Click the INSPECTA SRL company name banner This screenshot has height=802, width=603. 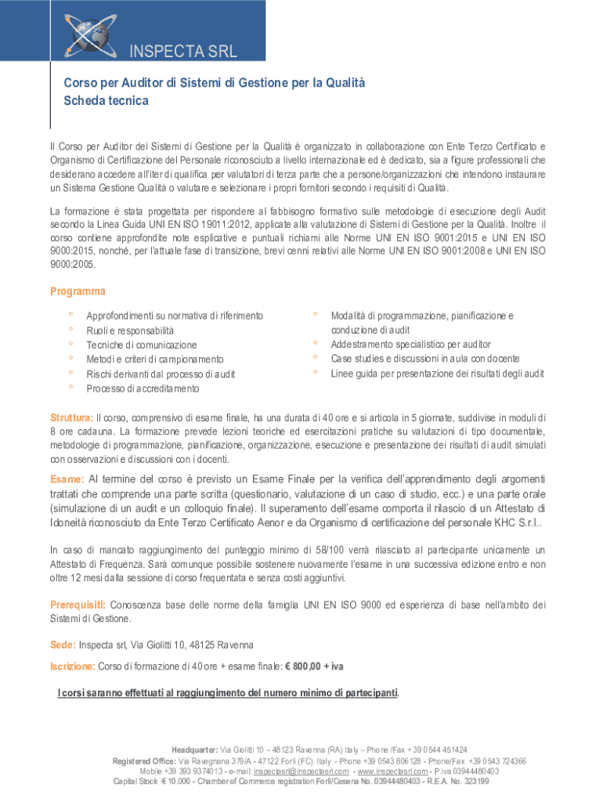182,53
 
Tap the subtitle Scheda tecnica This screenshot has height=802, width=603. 106,101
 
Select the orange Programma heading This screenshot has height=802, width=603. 78,291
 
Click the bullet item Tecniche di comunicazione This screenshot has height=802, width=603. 142,345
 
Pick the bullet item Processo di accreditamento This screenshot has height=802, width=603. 143,388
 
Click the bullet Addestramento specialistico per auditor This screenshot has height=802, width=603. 410,344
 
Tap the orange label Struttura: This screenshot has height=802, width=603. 71,417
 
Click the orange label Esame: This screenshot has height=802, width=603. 67,479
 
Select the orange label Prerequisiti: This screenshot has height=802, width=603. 78,605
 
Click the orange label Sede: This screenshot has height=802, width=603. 63,645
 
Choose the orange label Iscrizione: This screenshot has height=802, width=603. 73,666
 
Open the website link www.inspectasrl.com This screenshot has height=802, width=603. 392,771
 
